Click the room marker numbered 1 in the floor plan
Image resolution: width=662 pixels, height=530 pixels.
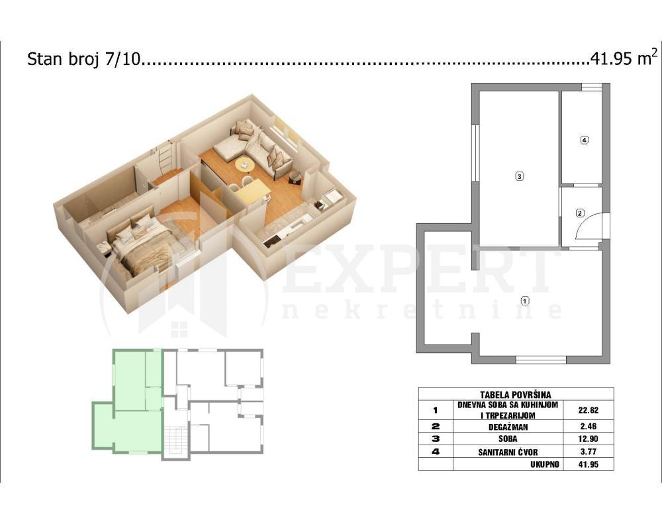(x=524, y=300)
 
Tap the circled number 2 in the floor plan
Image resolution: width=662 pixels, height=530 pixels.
(x=580, y=213)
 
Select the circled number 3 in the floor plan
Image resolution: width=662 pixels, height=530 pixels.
(x=520, y=176)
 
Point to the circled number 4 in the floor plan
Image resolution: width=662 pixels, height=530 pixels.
(x=583, y=140)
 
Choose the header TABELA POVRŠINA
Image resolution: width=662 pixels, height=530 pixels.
(x=516, y=394)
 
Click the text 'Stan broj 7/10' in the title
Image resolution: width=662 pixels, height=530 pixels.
(x=84, y=60)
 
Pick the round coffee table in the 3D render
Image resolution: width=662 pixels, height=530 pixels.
(x=244, y=165)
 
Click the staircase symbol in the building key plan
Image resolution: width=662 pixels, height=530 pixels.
(x=175, y=440)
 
